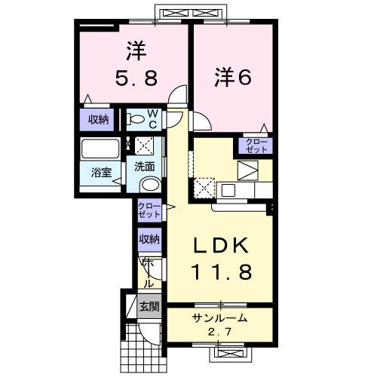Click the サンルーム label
219,318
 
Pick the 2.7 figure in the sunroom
219,330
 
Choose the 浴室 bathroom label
101,172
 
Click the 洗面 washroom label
145,167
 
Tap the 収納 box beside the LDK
149,239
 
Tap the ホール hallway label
148,273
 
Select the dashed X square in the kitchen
204,187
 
